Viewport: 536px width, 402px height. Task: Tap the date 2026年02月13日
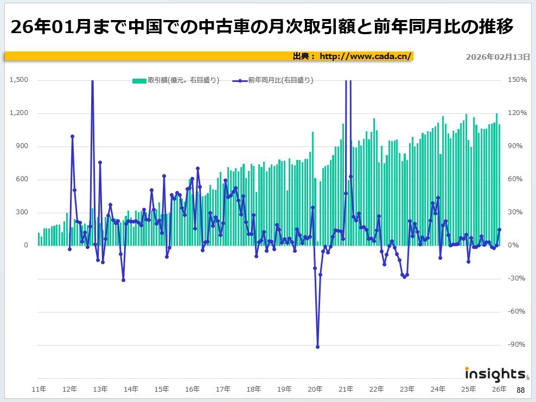coord(497,56)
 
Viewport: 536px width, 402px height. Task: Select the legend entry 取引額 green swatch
coord(139,80)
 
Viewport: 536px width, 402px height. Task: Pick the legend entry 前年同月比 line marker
coord(240,80)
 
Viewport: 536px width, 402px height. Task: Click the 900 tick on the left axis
coord(22,146)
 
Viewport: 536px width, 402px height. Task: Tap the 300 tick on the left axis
coord(22,212)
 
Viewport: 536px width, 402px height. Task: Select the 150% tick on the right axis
coord(516,80)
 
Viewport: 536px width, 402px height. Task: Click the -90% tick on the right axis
coord(516,344)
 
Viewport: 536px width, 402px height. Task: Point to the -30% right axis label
coord(516,278)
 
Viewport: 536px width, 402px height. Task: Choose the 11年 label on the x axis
coord(39,389)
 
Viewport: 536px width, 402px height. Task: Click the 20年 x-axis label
coord(315,389)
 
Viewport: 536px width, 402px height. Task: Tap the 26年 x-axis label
coord(499,389)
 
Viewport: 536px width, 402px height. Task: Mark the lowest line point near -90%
coord(317,347)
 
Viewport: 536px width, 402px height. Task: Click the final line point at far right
coord(499,229)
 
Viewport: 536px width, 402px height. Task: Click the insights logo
coord(495,374)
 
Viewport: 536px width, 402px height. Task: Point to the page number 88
coord(520,390)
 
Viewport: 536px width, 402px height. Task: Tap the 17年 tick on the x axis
coord(223,389)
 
